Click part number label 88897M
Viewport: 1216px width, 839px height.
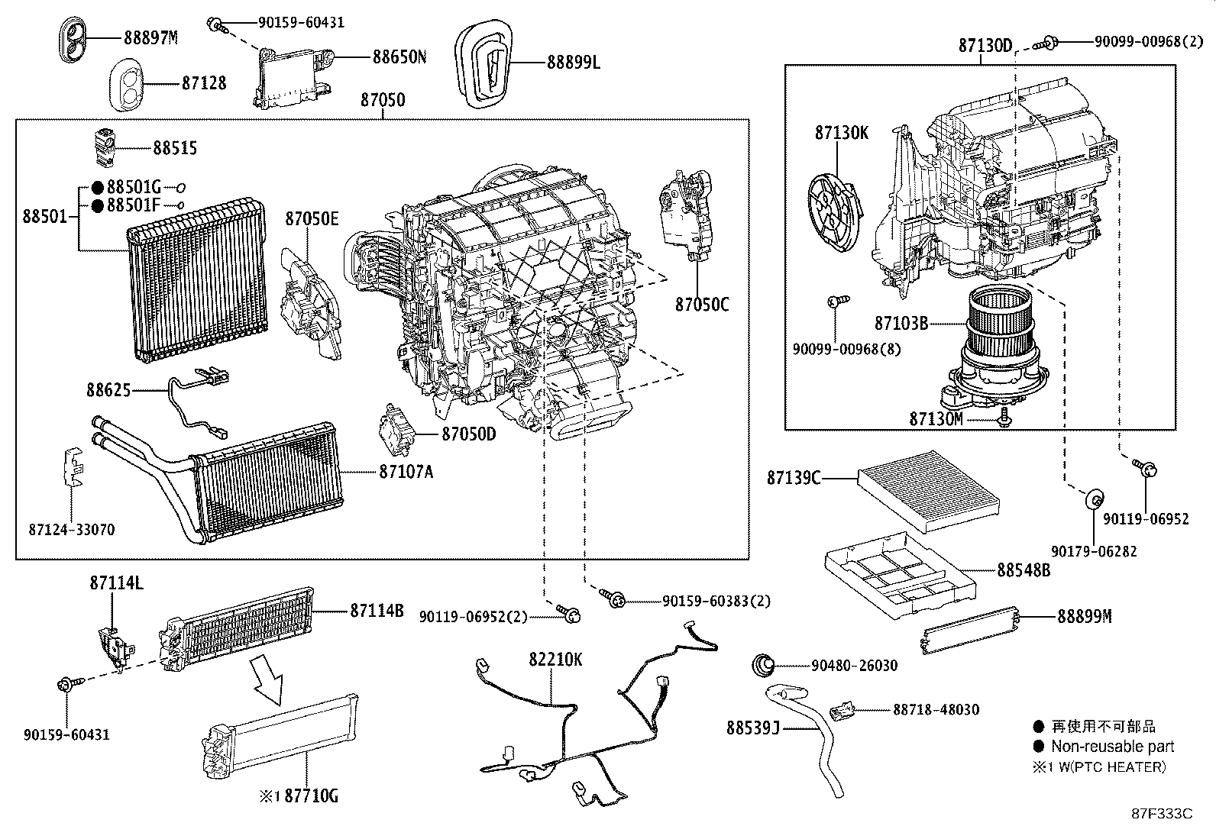click(x=150, y=38)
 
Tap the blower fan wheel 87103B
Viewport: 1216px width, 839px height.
click(x=998, y=320)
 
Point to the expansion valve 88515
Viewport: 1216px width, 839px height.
click(x=104, y=147)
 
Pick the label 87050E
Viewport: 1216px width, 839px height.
click(x=312, y=218)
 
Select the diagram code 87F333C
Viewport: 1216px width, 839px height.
click(x=1162, y=814)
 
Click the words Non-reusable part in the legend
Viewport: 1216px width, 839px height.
click(x=1112, y=746)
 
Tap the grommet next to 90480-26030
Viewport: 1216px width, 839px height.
click(x=763, y=666)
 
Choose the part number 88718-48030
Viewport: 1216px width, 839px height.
click(x=936, y=709)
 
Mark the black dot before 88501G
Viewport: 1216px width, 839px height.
click(x=97, y=188)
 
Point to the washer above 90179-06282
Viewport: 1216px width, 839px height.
click(x=1095, y=499)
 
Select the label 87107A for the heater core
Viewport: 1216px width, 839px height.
click(x=406, y=472)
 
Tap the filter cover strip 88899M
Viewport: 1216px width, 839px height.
click(x=969, y=630)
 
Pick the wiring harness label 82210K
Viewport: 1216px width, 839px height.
click(x=555, y=660)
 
